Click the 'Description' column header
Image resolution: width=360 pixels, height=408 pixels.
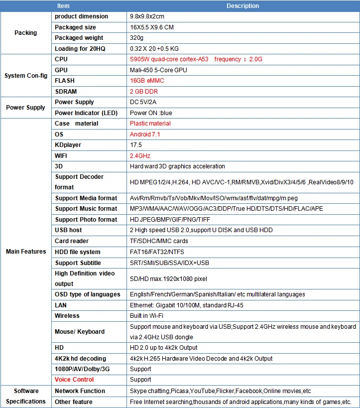(242, 6)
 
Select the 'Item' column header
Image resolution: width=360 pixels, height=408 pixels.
(63, 6)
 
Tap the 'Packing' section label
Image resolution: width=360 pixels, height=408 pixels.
(25, 33)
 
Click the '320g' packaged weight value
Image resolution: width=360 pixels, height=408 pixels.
(136, 38)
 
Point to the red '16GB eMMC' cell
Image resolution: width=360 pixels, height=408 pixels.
(147, 81)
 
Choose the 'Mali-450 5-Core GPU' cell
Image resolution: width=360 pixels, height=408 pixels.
(158, 70)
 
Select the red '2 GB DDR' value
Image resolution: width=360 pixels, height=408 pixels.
(144, 92)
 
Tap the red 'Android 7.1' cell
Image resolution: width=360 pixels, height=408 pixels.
(145, 135)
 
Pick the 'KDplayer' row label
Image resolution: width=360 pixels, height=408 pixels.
(68, 145)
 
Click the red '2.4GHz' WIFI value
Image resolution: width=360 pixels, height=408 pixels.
(140, 156)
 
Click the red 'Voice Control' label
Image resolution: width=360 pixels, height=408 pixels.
(74, 380)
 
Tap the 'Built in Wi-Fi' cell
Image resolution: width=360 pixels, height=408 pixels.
(146, 316)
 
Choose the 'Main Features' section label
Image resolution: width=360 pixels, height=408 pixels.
(26, 252)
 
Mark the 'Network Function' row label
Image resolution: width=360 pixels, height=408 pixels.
(80, 391)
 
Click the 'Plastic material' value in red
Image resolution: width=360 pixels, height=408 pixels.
(150, 124)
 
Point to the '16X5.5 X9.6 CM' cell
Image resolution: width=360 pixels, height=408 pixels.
(151, 27)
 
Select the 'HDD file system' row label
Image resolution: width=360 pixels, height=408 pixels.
(77, 252)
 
